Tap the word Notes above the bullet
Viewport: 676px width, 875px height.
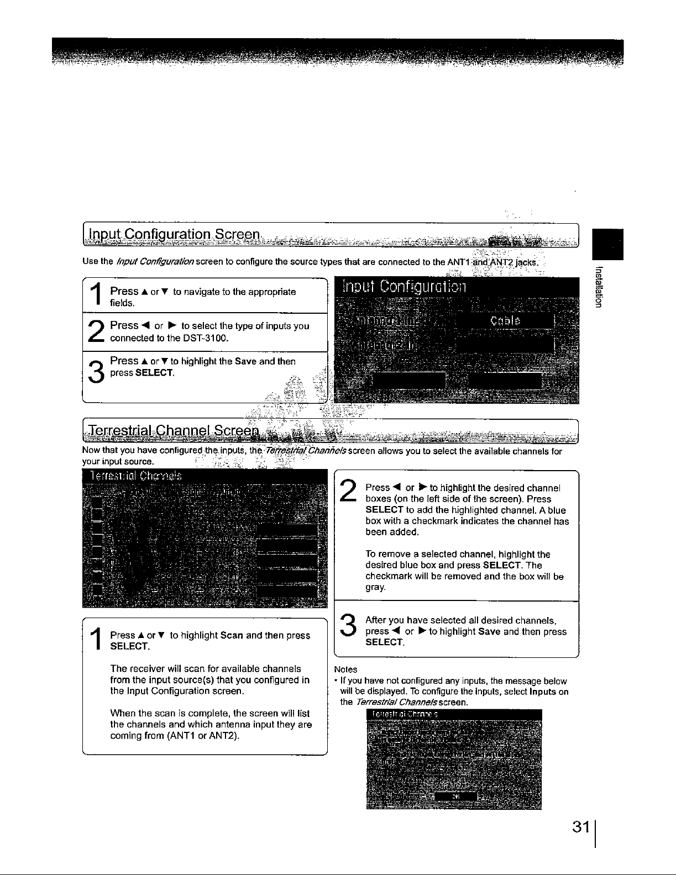[x=346, y=670]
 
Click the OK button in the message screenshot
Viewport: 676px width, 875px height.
[x=455, y=796]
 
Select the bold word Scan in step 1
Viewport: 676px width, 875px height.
[x=232, y=635]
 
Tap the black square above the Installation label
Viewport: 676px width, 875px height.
[x=607, y=244]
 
